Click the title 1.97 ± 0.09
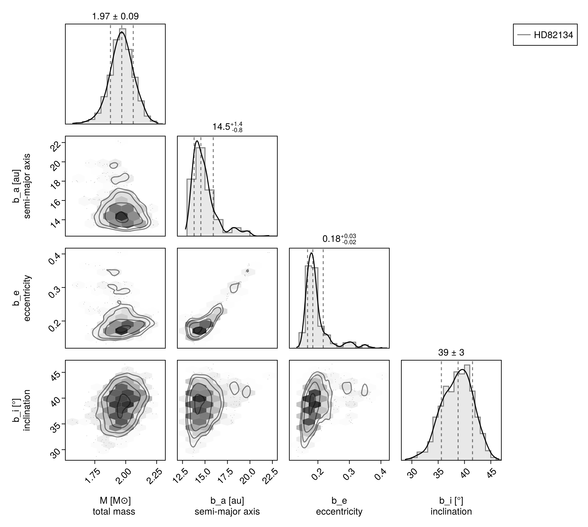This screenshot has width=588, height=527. [x=115, y=16]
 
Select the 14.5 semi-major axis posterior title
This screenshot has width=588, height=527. [x=227, y=127]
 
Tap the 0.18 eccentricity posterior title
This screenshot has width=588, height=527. [x=339, y=239]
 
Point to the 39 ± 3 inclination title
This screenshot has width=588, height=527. [x=451, y=353]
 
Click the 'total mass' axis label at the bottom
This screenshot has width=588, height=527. [x=114, y=511]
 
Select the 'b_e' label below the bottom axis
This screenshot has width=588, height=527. [x=339, y=501]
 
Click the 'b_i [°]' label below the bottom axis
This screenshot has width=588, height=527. [x=451, y=501]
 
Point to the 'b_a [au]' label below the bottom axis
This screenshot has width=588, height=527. [x=227, y=501]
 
